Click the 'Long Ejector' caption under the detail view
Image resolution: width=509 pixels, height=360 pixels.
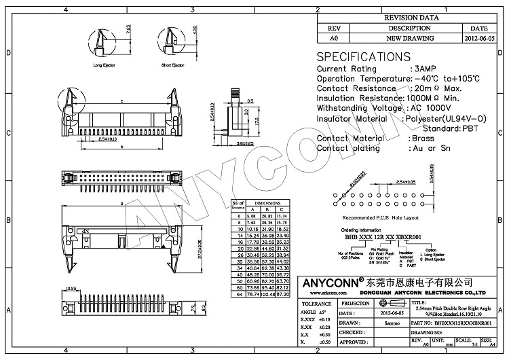103,65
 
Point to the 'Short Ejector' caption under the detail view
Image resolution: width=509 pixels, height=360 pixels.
172,65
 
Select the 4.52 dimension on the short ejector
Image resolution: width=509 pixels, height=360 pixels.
176,29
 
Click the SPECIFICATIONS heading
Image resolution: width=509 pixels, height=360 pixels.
364,56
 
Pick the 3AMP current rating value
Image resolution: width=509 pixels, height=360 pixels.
425,69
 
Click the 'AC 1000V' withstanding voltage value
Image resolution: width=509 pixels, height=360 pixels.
432,108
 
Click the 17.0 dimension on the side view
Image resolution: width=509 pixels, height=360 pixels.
259,121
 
